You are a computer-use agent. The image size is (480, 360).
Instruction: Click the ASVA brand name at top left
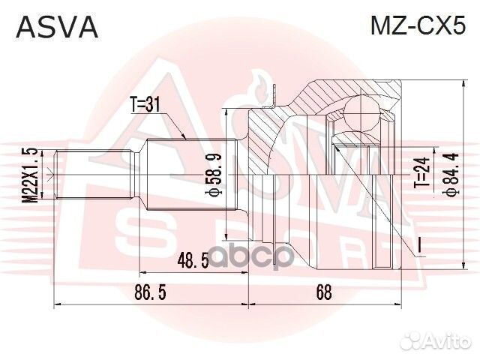click(57, 27)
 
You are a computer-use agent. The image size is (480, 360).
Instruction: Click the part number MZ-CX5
click(418, 27)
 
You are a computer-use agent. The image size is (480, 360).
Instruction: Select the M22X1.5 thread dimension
click(29, 172)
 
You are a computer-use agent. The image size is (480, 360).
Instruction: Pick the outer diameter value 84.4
click(450, 173)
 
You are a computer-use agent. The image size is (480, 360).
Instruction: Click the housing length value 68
click(323, 292)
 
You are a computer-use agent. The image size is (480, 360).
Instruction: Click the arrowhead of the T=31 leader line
click(184, 138)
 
